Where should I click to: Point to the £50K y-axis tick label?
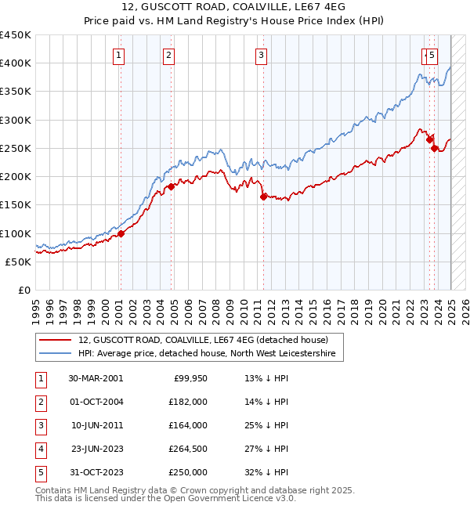coord(18,262)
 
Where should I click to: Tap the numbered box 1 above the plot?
coord(118,55)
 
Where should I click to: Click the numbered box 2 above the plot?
coord(169,55)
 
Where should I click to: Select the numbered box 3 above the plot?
coord(261,55)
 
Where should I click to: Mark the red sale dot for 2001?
coord(121,233)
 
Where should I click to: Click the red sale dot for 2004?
coord(171,186)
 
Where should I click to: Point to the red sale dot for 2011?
coord(263,197)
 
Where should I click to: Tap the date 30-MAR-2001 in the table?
coord(96,378)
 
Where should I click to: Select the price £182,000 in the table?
coord(188,402)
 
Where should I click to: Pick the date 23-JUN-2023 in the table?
coord(96,449)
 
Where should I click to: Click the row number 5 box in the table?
coord(40,472)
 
